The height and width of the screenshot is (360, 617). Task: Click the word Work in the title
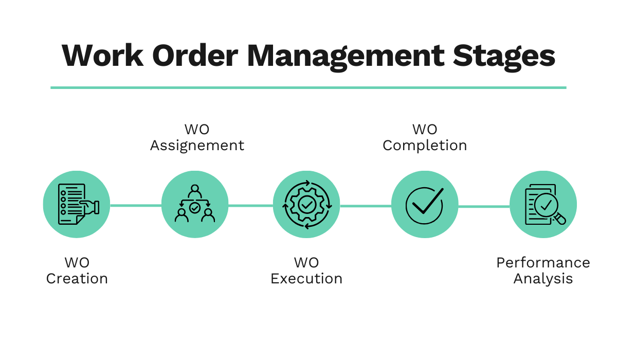[101, 55]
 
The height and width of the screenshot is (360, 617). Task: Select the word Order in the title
[194, 55]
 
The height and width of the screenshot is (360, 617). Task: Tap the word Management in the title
[345, 56]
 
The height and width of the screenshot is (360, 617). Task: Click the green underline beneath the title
[308, 87]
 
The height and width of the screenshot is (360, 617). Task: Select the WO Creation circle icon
[77, 205]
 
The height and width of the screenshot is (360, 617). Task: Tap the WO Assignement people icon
[195, 205]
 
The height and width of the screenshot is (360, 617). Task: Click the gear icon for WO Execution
[306, 205]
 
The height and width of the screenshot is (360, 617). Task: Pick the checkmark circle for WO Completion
[425, 205]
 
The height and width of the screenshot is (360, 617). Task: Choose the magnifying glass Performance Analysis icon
[543, 205]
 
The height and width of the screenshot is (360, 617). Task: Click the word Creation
[77, 279]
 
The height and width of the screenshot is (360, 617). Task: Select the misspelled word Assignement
[197, 146]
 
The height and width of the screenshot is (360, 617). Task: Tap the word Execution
[306, 279]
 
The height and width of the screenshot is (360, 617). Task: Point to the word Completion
[425, 146]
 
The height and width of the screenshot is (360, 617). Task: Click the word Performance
[543, 263]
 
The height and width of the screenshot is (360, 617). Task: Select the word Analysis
[543, 279]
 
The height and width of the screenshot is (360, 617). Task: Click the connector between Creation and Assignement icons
[136, 206]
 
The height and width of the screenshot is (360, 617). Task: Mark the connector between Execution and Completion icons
[366, 206]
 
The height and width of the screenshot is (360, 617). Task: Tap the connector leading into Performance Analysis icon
[484, 206]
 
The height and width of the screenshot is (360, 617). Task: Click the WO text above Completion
[425, 129]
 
